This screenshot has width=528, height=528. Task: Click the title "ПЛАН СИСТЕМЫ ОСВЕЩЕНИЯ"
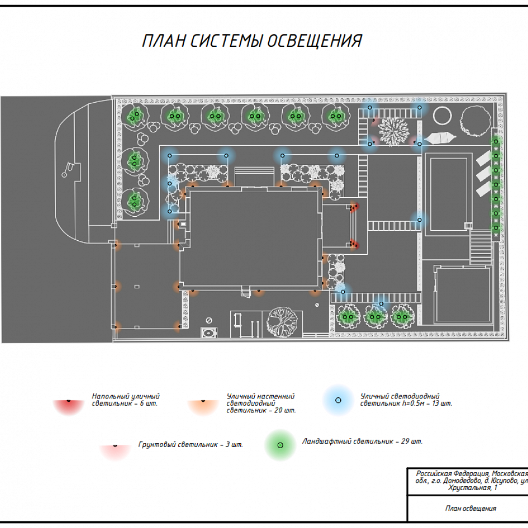pyautogui.click(x=252, y=41)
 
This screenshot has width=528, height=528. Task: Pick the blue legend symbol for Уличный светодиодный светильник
pyautogui.click(x=338, y=401)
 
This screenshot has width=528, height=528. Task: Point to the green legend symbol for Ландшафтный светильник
pyautogui.click(x=280, y=445)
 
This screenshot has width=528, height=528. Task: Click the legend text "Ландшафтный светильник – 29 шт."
pyautogui.click(x=362, y=441)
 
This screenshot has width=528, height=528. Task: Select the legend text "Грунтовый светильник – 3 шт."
pyautogui.click(x=191, y=445)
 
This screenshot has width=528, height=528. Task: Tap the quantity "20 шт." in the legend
pyautogui.click(x=284, y=410)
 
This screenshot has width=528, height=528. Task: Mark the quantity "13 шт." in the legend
pyautogui.click(x=441, y=403)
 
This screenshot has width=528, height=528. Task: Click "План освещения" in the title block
pyautogui.click(x=470, y=508)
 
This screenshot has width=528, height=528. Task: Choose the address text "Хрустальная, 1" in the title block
pyautogui.click(x=473, y=488)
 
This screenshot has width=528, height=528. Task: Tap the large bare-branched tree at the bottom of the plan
pyautogui.click(x=282, y=322)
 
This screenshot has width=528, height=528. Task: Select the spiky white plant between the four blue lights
pyautogui.click(x=394, y=131)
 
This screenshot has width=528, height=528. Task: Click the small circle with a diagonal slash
pyautogui.click(x=209, y=320)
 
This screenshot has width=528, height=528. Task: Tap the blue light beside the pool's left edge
pyautogui.click(x=419, y=220)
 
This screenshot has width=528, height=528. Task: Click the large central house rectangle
pyautogui.click(x=253, y=237)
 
